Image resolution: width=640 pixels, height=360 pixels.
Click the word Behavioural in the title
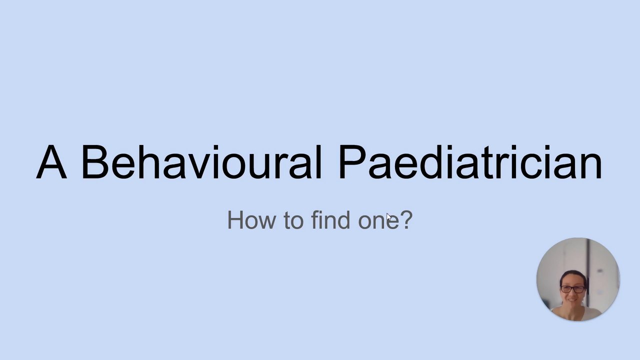[x=202, y=162]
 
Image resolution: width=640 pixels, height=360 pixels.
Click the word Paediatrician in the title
[x=470, y=162]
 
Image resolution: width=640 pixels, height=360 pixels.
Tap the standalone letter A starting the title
[x=51, y=162]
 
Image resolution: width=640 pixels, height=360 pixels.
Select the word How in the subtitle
[x=251, y=219]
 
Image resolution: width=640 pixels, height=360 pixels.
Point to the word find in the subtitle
[x=330, y=219]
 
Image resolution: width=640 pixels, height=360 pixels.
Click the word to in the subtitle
[x=293, y=220]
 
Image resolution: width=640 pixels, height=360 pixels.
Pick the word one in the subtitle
[x=378, y=222]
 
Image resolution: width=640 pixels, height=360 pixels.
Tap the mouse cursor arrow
[x=388, y=216]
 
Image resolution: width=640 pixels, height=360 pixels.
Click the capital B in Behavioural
[x=95, y=162]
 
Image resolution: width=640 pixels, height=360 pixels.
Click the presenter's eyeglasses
[x=572, y=289]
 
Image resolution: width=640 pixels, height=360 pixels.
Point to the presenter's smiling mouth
[x=572, y=300]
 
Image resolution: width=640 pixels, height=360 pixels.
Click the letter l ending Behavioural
[x=320, y=162]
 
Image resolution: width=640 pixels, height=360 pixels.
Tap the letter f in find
[x=315, y=219]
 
